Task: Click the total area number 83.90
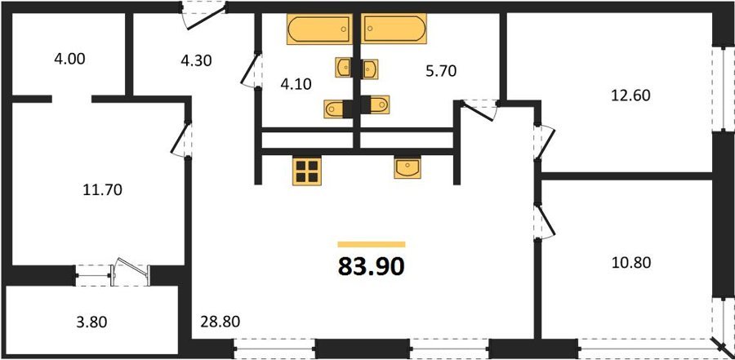point(371,267)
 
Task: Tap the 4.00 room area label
point(70,60)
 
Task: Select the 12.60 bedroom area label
point(630,96)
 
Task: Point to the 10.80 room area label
point(631,263)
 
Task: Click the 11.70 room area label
point(102,190)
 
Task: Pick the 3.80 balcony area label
point(91,322)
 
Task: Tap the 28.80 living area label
point(220,322)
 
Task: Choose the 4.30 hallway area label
point(196,60)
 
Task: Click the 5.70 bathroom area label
point(441,71)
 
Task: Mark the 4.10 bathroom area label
point(296,84)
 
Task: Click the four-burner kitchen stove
point(306,171)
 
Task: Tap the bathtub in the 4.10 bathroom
point(319,29)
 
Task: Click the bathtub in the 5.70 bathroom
point(394,29)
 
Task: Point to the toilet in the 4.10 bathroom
point(338,109)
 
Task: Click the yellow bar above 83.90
point(372,244)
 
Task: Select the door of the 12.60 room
point(544,141)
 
